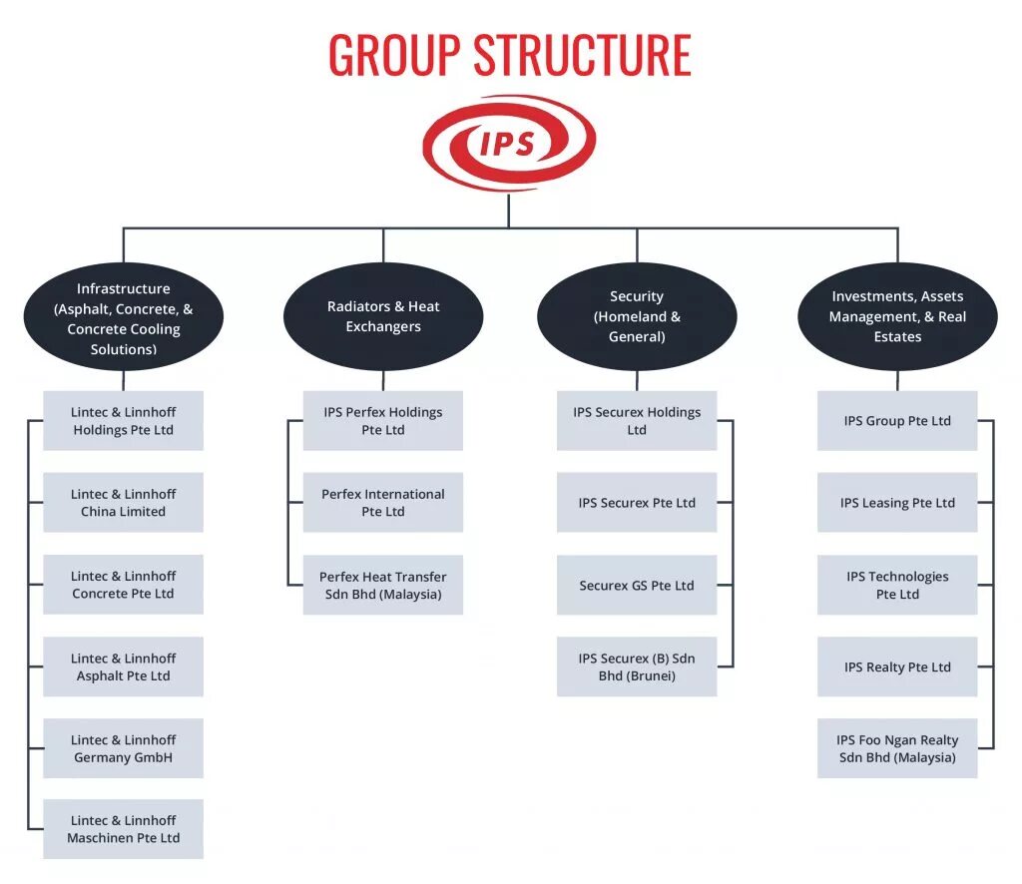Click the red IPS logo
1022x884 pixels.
[x=508, y=143]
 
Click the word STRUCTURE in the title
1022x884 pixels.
[x=583, y=55]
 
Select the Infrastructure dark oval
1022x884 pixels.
[x=124, y=318]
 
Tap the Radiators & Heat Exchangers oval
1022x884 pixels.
[x=383, y=316]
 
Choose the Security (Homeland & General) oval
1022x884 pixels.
[x=637, y=316]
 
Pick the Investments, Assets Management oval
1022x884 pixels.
[x=897, y=316]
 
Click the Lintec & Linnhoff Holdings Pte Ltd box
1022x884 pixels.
[x=124, y=421]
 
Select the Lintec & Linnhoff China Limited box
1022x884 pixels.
[x=124, y=503]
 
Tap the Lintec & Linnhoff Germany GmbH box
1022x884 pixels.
[x=124, y=748]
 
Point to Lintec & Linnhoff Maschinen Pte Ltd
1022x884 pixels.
[x=124, y=829]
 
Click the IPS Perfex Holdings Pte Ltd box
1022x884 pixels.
[x=383, y=421]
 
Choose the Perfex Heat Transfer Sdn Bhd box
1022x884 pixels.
[x=383, y=585]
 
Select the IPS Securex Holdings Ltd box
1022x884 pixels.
[x=637, y=421]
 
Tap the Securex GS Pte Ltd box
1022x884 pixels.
[x=637, y=586]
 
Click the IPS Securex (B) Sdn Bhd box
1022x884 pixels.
[x=637, y=666]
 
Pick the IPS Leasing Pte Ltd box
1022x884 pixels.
[x=897, y=503]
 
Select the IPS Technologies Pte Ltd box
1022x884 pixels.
[x=897, y=585]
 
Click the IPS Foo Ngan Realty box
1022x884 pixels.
[x=897, y=748]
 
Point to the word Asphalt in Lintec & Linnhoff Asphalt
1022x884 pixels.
[x=99, y=676]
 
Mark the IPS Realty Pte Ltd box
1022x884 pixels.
[x=897, y=666]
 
